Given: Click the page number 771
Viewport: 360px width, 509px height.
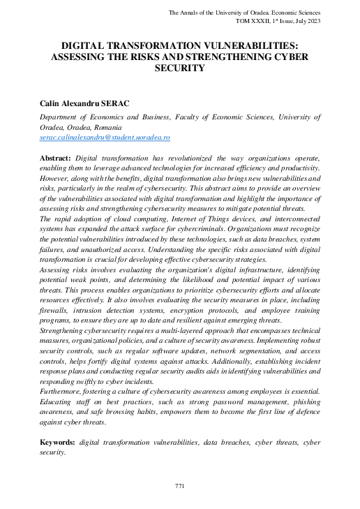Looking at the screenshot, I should (x=179, y=485).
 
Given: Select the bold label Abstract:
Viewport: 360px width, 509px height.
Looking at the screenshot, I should (x=56, y=158).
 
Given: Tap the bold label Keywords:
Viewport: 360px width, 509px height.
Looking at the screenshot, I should (x=59, y=442).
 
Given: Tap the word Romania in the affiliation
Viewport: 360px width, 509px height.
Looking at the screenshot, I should (x=107, y=128).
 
